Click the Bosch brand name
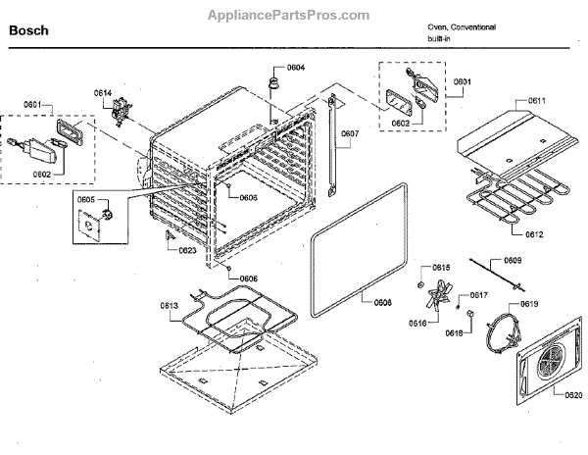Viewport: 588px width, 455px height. click(x=28, y=30)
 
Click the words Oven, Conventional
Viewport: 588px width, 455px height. click(x=462, y=26)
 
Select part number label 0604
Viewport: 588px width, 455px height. click(x=296, y=67)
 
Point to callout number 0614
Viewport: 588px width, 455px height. click(x=103, y=93)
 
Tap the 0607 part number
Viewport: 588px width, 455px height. click(x=350, y=133)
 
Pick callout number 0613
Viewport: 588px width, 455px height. click(x=169, y=306)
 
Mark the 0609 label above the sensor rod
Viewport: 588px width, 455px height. click(x=513, y=260)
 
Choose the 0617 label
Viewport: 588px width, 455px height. click(x=479, y=294)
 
